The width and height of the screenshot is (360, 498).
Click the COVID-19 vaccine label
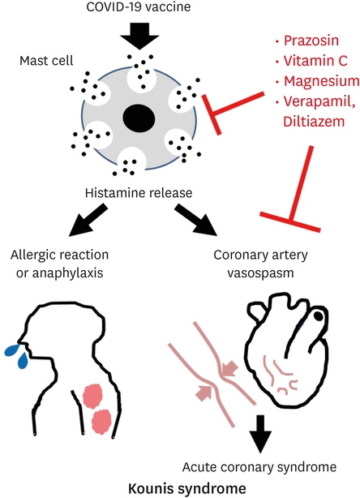coord(139,7)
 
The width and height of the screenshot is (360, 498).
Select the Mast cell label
coord(46,60)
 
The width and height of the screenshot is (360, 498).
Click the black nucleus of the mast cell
coord(139,118)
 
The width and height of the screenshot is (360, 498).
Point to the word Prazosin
coord(311,41)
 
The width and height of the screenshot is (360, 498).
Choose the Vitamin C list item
coord(315,61)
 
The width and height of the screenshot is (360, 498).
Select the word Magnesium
coord(321,81)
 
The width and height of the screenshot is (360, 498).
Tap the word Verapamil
coord(319,101)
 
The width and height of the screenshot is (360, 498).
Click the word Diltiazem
coord(314,122)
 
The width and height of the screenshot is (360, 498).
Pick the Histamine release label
coord(139,193)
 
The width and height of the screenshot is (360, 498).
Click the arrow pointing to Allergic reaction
coord(88,220)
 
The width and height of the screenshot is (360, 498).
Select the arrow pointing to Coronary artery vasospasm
coord(195,220)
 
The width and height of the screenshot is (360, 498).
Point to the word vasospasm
coord(260,273)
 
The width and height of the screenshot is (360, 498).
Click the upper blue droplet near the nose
coord(12,350)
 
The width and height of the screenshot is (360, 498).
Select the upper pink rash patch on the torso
coord(92,396)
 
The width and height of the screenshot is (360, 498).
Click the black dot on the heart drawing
coord(319,316)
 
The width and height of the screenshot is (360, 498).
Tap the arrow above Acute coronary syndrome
coord(260,434)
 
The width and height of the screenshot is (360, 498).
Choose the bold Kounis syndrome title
coord(187,488)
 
